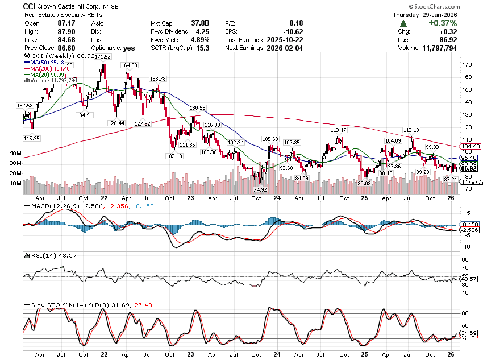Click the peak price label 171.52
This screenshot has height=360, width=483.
(103, 57)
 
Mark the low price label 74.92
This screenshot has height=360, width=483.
(260, 189)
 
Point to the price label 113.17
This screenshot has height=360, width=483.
(339, 130)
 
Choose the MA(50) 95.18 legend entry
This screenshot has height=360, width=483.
(48, 63)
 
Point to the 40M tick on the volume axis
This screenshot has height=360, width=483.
(15, 154)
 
